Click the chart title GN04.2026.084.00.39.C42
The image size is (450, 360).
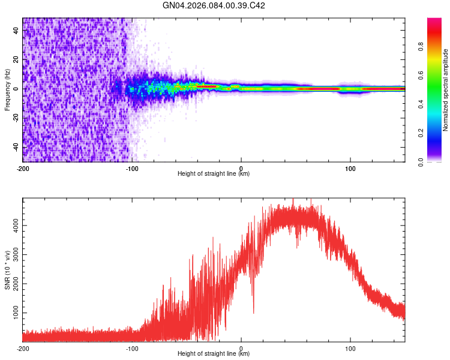pyautogui.click(x=214, y=5)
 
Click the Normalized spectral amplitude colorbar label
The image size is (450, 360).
pyautogui.click(x=445, y=89)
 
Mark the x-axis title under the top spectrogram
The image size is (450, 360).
pyautogui.click(x=214, y=174)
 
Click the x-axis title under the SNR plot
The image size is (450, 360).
pyautogui.click(x=214, y=353)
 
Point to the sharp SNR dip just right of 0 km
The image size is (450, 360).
pyautogui.click(x=253, y=312)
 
